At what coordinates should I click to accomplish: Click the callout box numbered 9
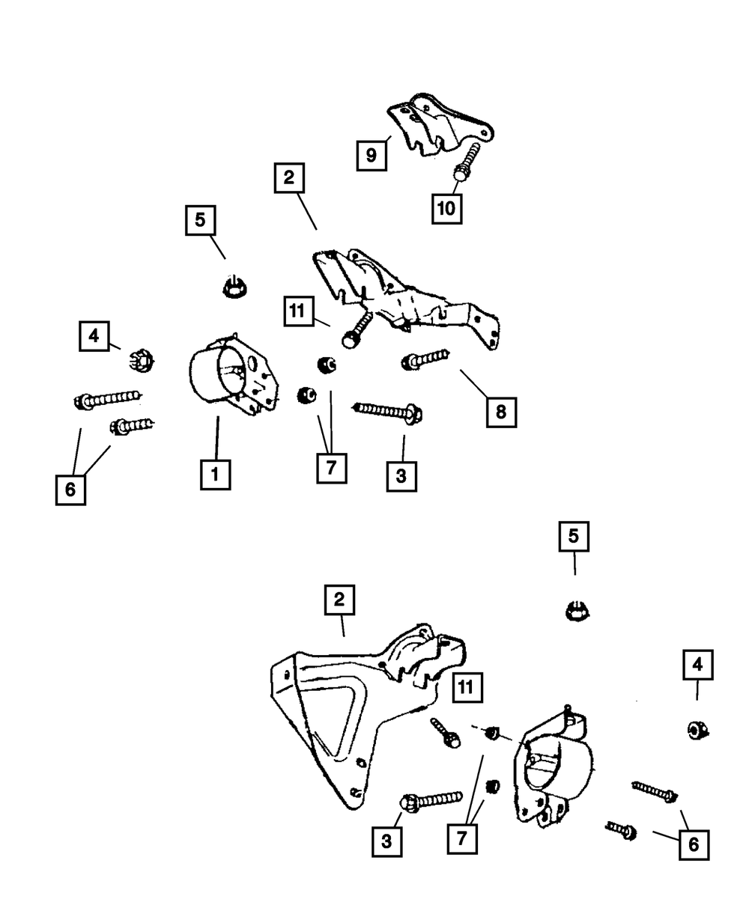(371, 156)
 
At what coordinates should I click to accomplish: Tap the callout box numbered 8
(501, 411)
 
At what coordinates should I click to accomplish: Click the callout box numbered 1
(215, 474)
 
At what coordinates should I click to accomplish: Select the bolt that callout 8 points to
(425, 360)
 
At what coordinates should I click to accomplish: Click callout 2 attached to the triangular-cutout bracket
(339, 600)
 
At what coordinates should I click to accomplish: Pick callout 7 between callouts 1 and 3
(331, 468)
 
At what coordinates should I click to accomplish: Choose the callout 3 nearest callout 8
(401, 475)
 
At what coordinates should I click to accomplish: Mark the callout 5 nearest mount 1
(201, 222)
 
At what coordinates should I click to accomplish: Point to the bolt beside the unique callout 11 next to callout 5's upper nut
(357, 331)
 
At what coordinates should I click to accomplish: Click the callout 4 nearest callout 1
(94, 337)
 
